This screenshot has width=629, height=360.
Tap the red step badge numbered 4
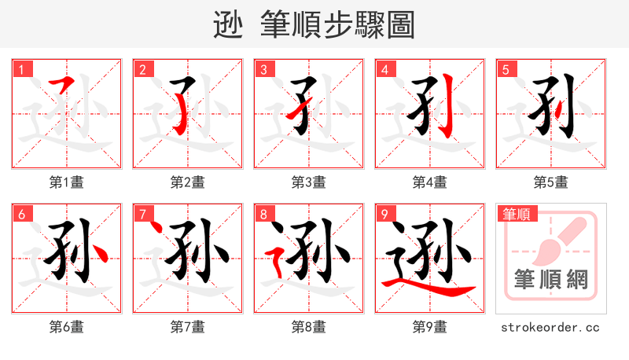385,69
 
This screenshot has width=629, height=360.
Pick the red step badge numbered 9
385,214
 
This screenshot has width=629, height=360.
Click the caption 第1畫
67,182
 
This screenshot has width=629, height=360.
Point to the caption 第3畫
309,182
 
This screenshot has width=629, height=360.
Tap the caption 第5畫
550,182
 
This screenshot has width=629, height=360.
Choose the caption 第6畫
67,326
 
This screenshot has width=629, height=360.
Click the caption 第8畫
309,326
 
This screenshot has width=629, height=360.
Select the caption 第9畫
429,326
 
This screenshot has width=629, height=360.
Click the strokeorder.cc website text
550,326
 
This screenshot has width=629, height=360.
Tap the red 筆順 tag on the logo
516,213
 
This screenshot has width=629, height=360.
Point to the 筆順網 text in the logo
550,279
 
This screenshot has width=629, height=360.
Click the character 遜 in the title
229,25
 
